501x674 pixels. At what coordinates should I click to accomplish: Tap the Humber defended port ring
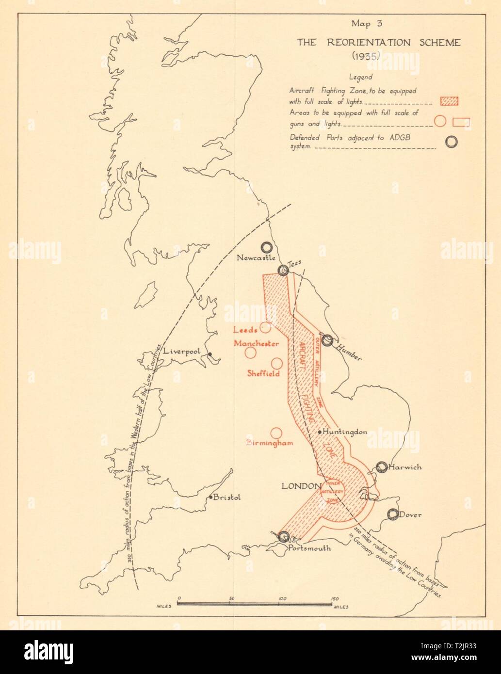[x=327, y=340]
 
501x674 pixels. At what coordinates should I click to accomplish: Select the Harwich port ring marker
[x=382, y=467]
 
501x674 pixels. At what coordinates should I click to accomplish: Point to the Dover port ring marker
[x=392, y=514]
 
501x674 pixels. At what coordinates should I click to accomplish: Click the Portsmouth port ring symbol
[x=284, y=536]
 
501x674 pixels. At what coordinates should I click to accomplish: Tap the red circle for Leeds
[x=265, y=327]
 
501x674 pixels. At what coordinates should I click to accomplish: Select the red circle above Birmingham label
[x=276, y=433]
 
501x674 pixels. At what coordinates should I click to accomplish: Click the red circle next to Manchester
[x=251, y=353]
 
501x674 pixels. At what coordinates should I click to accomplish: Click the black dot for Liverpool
[x=210, y=354]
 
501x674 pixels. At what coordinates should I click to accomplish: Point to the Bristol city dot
[x=210, y=497]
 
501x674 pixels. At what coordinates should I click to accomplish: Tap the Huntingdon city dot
[x=319, y=432]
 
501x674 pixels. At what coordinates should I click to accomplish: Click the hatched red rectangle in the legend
[x=450, y=101]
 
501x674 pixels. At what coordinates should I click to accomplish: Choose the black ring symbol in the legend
[x=451, y=142]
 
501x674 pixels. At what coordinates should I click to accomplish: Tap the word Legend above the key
[x=360, y=77]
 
